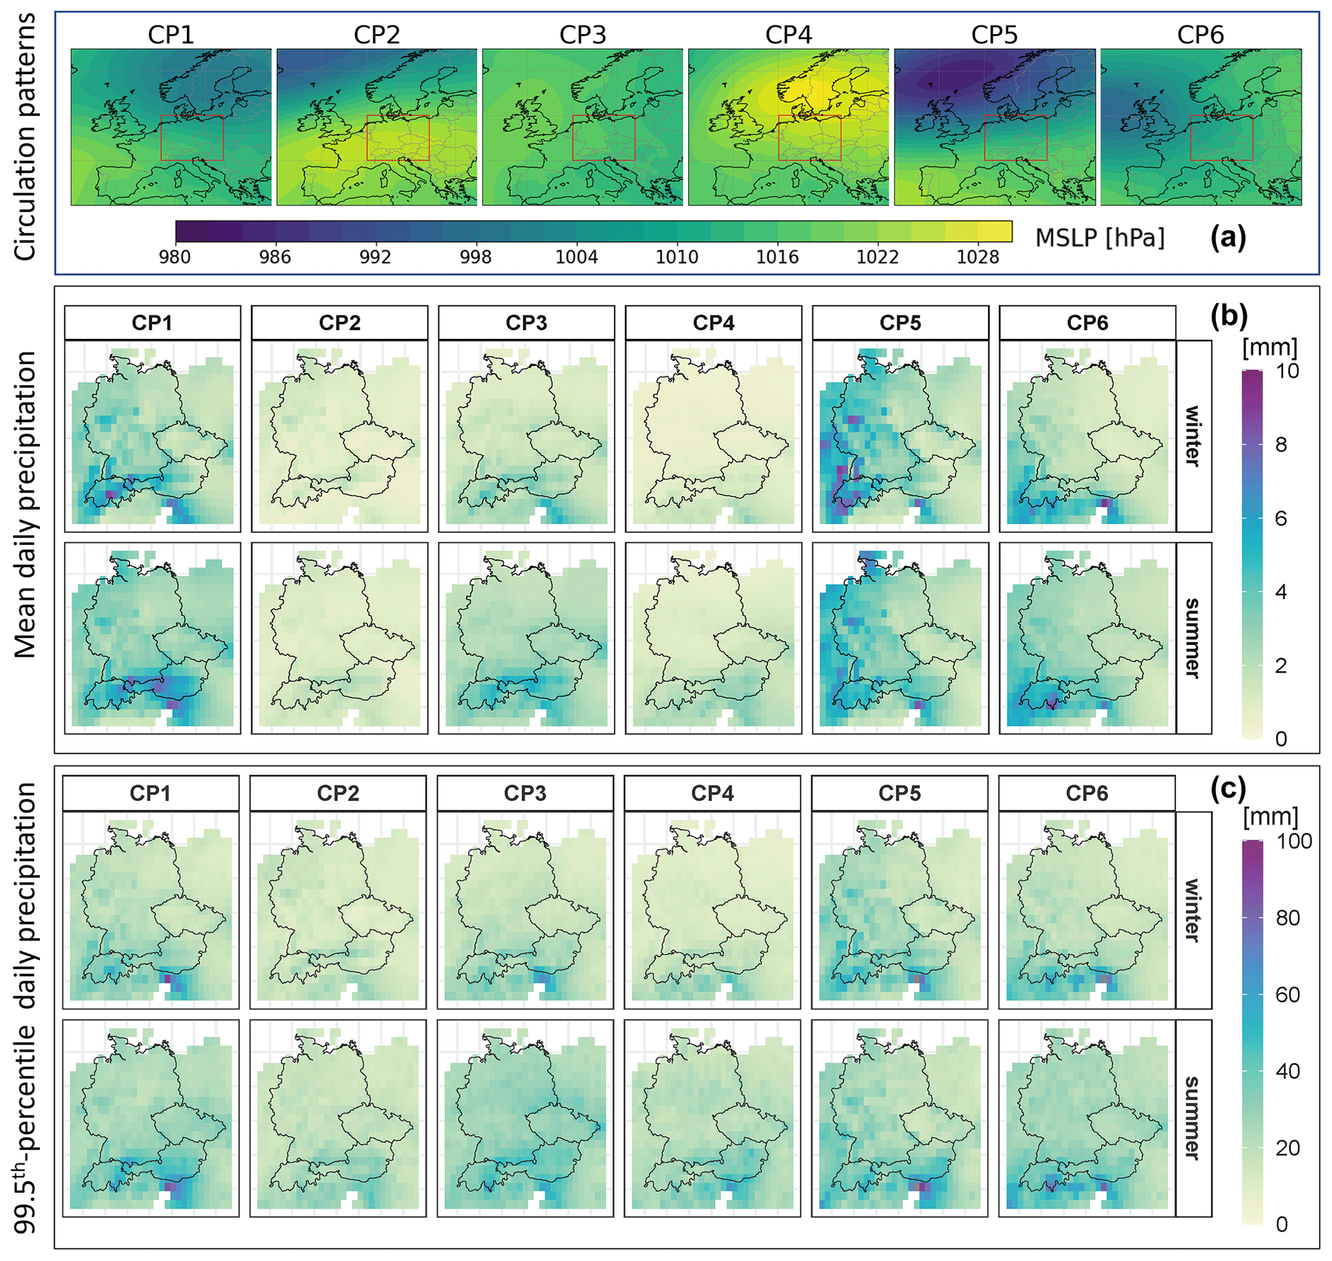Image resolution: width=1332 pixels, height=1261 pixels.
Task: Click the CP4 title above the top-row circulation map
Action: pos(788,35)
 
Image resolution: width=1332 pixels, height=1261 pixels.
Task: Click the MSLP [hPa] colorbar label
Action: pos(1100,238)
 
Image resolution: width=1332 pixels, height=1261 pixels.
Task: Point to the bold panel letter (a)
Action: pos(1228,237)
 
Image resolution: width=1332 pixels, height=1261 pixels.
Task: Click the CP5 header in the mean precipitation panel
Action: pos(900,323)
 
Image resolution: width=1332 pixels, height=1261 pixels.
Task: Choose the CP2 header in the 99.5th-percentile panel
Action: pos(338,794)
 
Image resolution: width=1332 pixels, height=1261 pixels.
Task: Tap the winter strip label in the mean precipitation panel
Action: pos(1193,436)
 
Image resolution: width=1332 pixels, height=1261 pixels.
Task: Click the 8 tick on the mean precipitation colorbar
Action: pos(1281,445)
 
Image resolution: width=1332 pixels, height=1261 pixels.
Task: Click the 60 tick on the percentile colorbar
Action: pos(1288,995)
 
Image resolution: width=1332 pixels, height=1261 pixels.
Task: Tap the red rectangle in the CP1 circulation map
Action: pos(192,138)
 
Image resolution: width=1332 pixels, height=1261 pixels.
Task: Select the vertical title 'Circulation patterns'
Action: pos(26,137)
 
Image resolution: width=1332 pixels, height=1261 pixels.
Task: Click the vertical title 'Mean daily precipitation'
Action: pos(26,504)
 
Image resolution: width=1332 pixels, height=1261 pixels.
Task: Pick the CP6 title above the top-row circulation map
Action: pos(1200,35)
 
